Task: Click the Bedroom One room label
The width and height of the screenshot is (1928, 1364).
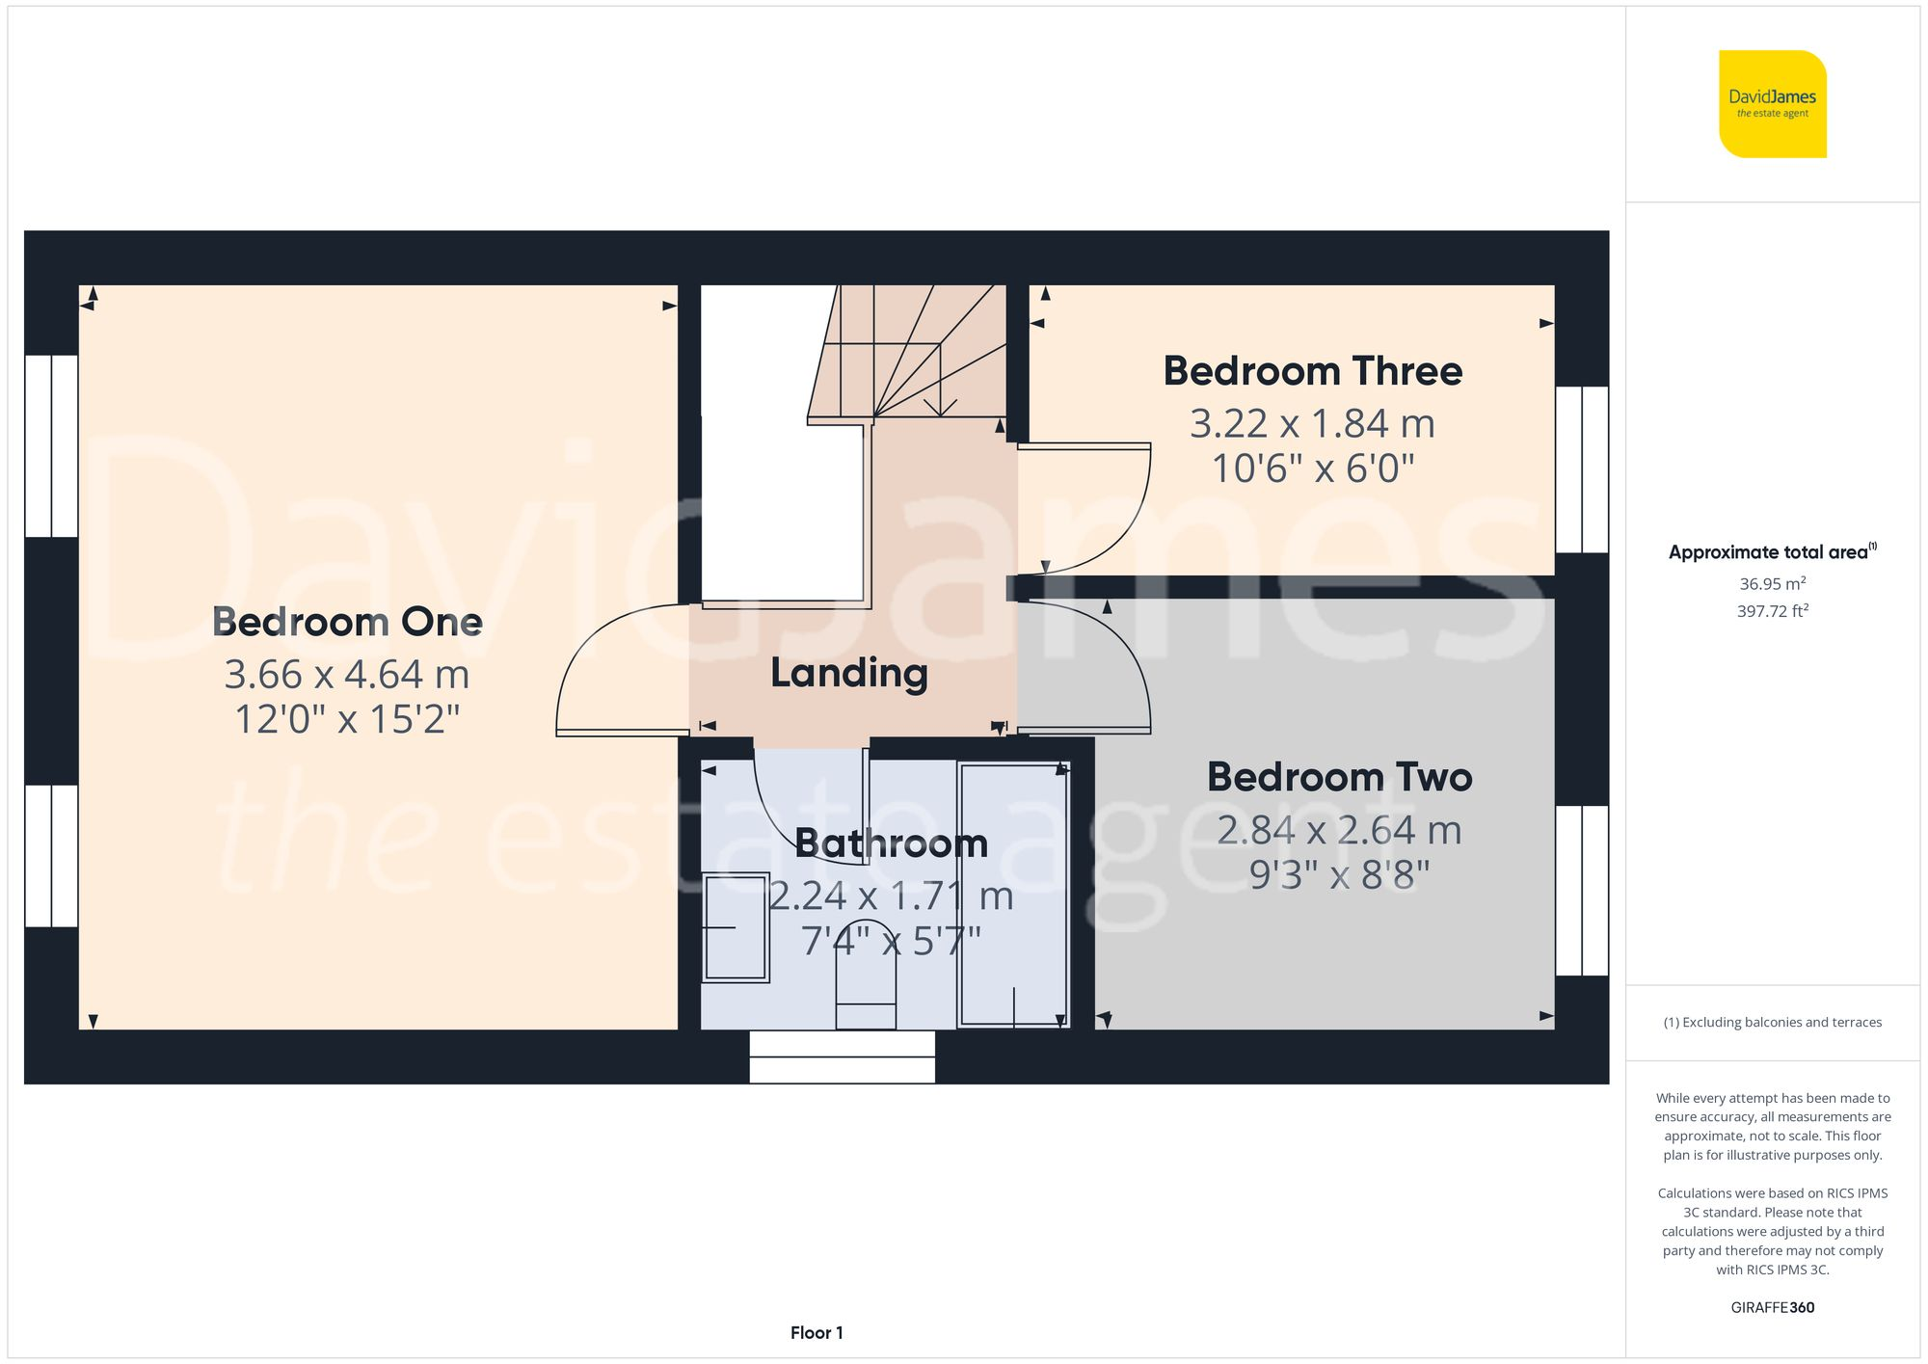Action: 347,623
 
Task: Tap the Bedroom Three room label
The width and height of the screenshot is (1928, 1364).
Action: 1312,372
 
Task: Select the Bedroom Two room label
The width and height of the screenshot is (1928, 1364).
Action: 1339,778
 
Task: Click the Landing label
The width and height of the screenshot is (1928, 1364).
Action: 848,673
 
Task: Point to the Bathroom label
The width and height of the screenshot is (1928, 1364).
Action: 891,844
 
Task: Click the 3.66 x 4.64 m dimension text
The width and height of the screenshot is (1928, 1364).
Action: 347,675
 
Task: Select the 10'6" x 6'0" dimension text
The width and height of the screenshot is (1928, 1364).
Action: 1312,469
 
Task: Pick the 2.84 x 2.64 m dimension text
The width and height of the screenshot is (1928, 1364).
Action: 1339,831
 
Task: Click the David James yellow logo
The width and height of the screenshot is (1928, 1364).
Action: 1772,104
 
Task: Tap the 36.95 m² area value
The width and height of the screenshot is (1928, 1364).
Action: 1772,584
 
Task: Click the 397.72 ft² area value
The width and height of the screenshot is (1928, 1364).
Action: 1772,611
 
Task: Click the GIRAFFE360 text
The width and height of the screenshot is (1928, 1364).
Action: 1772,1308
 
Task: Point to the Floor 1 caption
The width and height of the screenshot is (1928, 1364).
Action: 817,1333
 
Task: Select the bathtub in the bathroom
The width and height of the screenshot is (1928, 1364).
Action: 1013,895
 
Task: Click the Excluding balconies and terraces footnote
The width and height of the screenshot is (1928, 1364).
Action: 1772,1023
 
